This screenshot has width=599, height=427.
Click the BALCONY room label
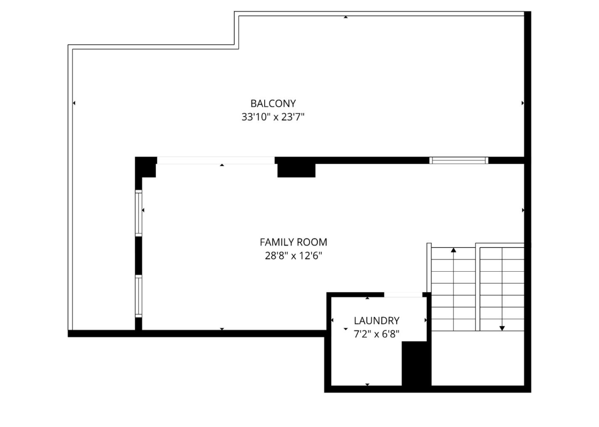coord(273,103)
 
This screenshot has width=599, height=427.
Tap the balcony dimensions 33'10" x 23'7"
coord(273,117)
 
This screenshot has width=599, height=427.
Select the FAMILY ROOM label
coord(293,242)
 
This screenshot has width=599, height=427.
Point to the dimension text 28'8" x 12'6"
coord(293,256)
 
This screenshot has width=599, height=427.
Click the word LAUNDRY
coord(376,321)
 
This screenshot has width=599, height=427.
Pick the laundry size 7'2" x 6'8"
coord(376,334)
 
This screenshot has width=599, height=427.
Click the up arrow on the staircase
coord(453,250)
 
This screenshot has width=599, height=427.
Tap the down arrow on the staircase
coord(502,328)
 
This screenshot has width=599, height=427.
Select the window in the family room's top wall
coord(458,160)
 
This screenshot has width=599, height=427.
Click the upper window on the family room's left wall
coord(139,213)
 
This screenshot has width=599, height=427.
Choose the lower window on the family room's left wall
coord(139,296)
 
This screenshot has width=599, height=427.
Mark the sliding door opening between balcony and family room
coord(215,160)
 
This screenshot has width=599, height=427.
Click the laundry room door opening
coord(403,295)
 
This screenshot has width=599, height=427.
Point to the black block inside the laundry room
coord(414,363)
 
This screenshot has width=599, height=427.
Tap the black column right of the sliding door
coord(296,168)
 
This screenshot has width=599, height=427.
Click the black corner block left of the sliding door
coord(146,166)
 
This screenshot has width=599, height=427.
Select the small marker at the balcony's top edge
coord(346,17)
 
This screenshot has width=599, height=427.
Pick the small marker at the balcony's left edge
coord(74,103)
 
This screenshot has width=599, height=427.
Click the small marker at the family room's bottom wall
coord(222,329)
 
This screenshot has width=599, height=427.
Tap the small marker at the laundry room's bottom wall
coord(367,385)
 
